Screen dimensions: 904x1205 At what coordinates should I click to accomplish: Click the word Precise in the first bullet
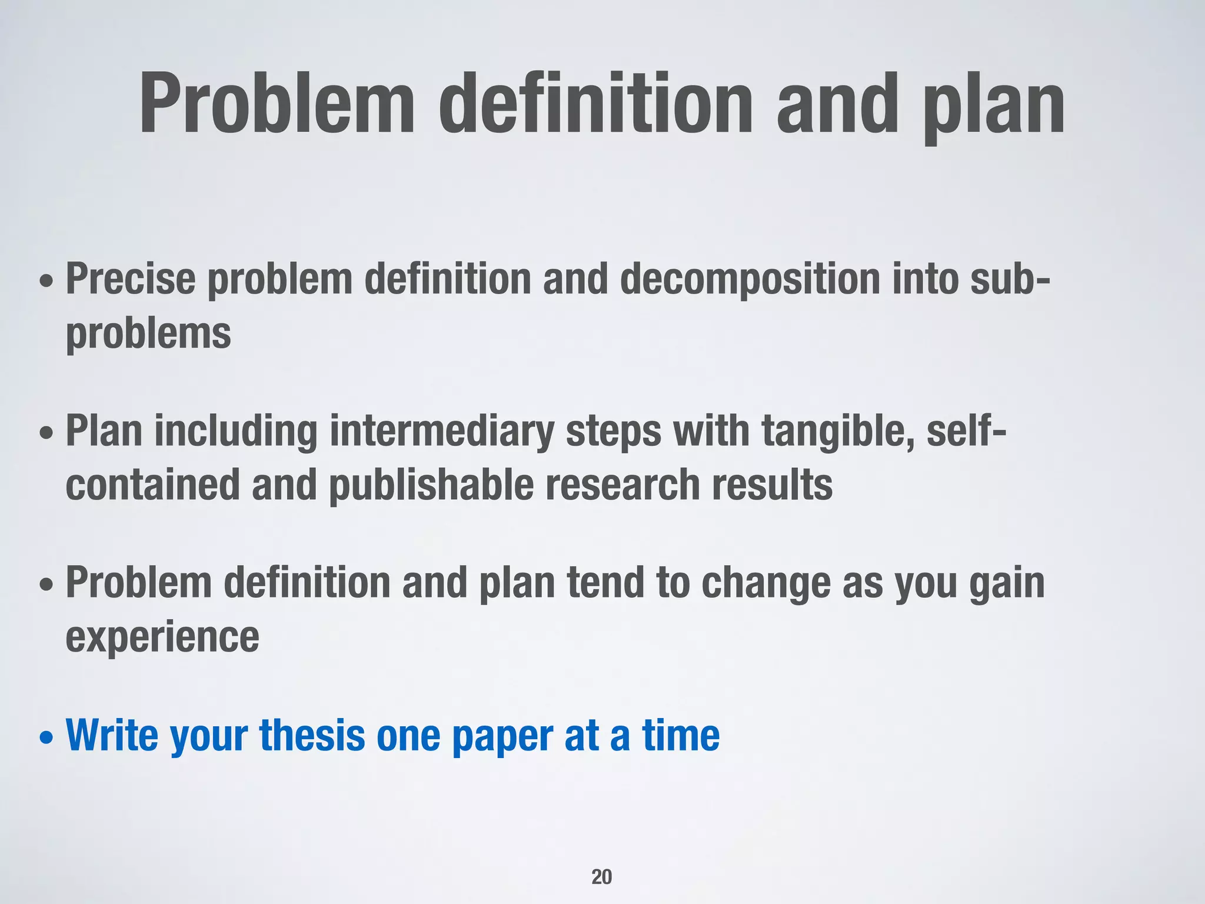click(x=130, y=278)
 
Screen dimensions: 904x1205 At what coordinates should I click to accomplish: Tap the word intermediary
click(x=442, y=431)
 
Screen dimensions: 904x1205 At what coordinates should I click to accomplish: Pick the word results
click(x=773, y=485)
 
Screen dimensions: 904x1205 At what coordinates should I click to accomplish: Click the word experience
click(x=162, y=637)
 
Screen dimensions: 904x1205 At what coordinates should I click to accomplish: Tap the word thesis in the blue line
click(x=312, y=736)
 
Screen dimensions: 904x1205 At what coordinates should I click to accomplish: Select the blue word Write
click(x=112, y=736)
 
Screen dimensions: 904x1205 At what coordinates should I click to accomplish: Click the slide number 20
click(x=601, y=876)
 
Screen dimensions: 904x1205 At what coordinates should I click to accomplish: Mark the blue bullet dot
click(x=46, y=738)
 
